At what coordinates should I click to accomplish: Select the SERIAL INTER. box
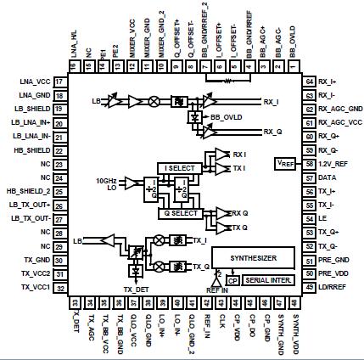(267, 279)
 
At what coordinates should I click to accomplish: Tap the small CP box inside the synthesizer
(232, 278)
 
